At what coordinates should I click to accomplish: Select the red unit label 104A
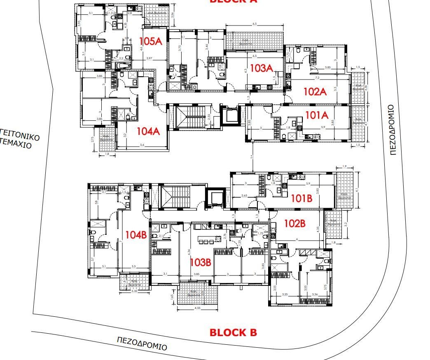click(x=148, y=131)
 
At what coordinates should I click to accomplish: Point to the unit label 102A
click(x=315, y=91)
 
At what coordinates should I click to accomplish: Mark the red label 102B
click(x=294, y=224)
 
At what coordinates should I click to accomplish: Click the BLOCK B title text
click(x=233, y=332)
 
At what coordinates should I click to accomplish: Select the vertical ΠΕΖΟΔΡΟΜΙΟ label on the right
click(x=392, y=130)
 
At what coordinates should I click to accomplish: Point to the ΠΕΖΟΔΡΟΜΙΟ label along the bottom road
click(x=142, y=343)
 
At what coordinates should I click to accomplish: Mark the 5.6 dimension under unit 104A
click(x=142, y=145)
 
